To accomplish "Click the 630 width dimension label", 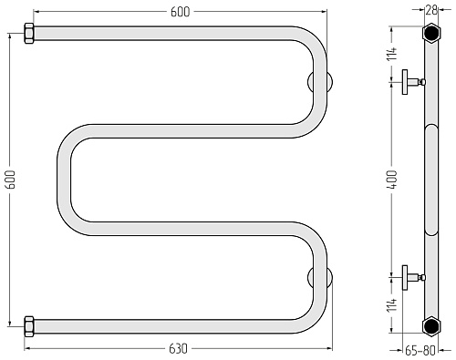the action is pyautogui.click(x=178, y=349).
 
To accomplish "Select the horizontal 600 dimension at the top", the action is pyautogui.click(x=180, y=12).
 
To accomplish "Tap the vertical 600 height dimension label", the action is pyautogui.click(x=11, y=179).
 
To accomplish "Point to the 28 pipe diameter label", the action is pyautogui.click(x=431, y=10).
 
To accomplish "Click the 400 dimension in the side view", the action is pyautogui.click(x=392, y=180).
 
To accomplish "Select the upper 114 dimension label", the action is pyautogui.click(x=392, y=54).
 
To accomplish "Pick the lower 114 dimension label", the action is pyautogui.click(x=392, y=304).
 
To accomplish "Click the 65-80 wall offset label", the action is pyautogui.click(x=420, y=351).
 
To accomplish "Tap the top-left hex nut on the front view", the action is pyautogui.click(x=29, y=34).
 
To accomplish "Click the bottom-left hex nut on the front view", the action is pyautogui.click(x=29, y=326).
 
